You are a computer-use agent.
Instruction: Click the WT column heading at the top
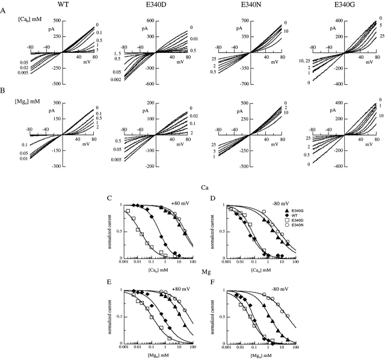coord(63,5)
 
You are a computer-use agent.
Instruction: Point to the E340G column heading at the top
coord(349,5)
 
